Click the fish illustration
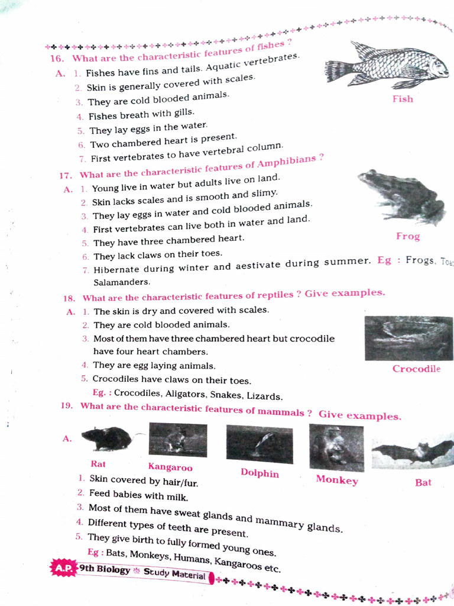[387, 65]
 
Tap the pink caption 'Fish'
[403, 99]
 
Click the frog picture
[403, 197]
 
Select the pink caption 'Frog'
[408, 236]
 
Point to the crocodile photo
[408, 338]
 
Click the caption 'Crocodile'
[416, 369]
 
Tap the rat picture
[106, 439]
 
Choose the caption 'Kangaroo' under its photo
[170, 468]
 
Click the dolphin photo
[260, 444]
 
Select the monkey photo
[336, 448]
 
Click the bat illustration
[413, 453]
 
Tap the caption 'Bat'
[423, 482]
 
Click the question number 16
[57, 59]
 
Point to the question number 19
[66, 406]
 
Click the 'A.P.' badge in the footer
[63, 568]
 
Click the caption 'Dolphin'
[260, 473]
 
